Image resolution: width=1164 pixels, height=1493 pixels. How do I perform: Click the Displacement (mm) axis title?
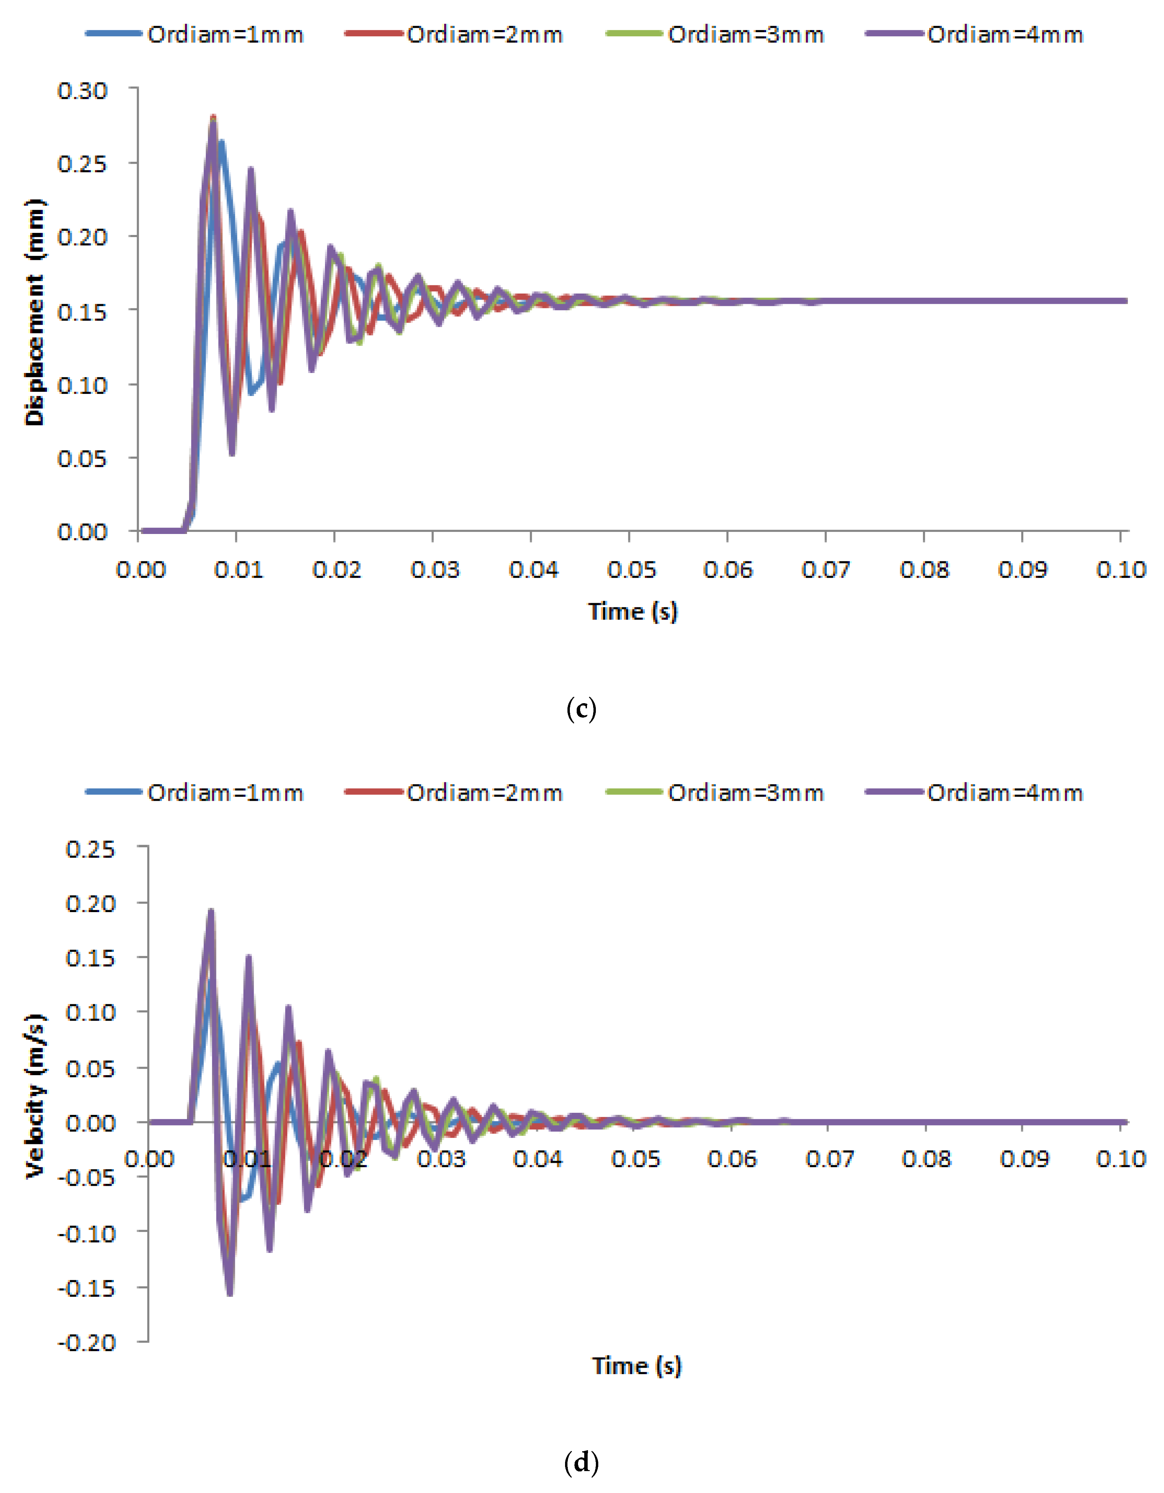point(34,312)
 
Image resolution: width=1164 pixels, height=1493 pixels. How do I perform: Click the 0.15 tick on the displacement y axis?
point(82,312)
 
